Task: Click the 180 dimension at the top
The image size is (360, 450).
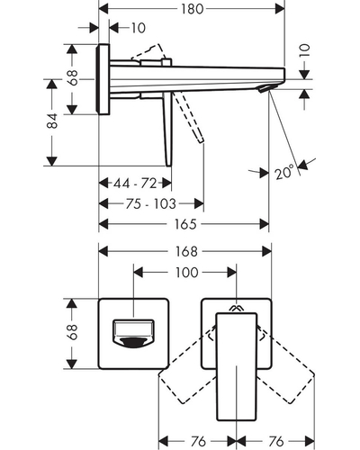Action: (x=192, y=9)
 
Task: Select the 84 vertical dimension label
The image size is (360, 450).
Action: (x=53, y=121)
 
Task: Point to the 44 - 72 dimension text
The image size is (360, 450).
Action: (x=135, y=183)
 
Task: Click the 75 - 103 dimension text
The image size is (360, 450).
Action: (x=150, y=204)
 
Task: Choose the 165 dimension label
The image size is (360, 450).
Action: (x=185, y=224)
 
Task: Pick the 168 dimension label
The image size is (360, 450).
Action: (x=186, y=251)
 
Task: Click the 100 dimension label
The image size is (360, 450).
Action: (x=186, y=273)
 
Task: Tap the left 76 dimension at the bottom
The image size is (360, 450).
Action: (x=198, y=441)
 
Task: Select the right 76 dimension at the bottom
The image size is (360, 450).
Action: (x=276, y=441)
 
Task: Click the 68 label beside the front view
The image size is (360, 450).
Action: (x=73, y=332)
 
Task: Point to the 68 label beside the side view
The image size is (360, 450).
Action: (x=73, y=77)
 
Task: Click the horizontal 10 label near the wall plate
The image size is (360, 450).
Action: (x=139, y=28)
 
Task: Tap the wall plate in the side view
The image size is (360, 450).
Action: (x=103, y=79)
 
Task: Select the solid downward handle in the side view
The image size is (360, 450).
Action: (x=167, y=130)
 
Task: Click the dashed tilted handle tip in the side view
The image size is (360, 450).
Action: (x=201, y=139)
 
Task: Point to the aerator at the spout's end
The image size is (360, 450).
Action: (x=265, y=88)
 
